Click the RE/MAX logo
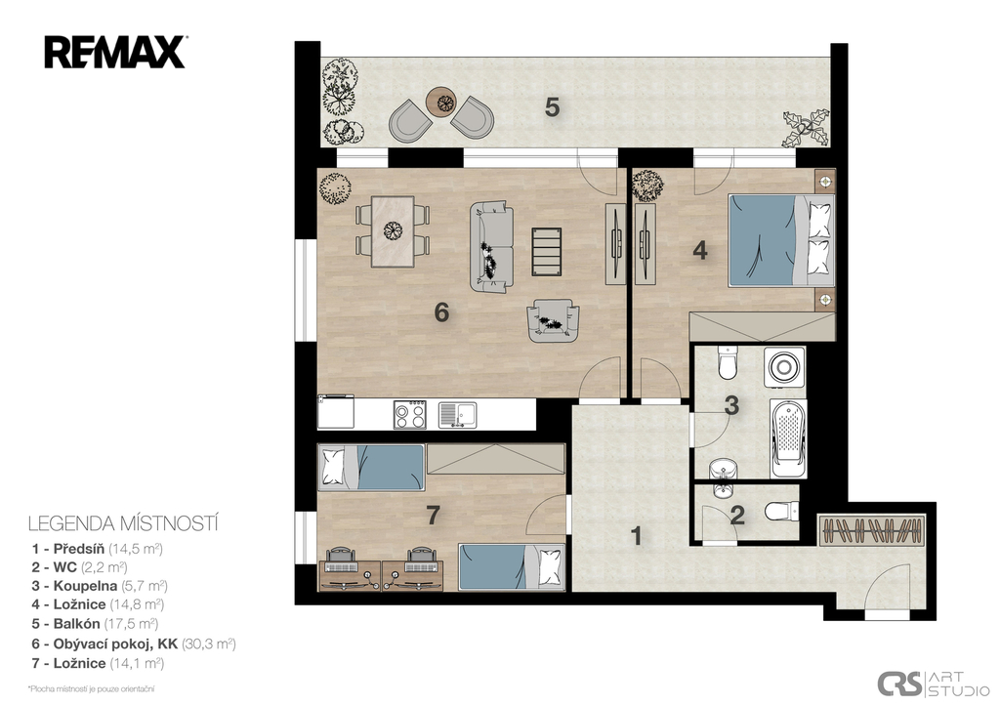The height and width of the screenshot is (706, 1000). coord(115,53)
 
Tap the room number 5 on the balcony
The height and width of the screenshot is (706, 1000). coord(553,107)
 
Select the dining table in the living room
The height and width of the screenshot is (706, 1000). coord(393,230)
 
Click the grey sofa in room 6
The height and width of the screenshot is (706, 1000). coord(492,247)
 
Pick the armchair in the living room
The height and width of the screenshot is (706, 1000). coord(553,321)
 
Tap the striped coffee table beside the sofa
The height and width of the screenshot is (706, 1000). coord(547,251)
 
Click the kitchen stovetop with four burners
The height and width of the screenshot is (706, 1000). coord(410,415)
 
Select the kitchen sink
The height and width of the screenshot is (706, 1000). coord(457,415)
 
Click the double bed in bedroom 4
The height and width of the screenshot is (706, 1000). coord(780,240)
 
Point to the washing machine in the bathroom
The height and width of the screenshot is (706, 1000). coord(784,366)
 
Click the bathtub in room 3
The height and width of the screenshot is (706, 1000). coord(788,438)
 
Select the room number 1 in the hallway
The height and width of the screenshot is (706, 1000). coord(636,536)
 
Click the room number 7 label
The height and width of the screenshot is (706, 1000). coord(434,515)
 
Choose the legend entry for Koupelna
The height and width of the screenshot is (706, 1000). coord(100,586)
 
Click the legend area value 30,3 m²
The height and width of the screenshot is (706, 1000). coord(209,644)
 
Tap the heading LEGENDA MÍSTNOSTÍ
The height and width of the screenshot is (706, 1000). coord(123,523)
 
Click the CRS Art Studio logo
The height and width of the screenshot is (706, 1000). coord(933,684)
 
